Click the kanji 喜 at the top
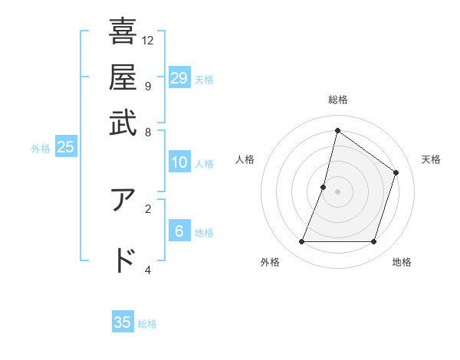[123, 31]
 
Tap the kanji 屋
[123, 77]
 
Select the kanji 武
[123, 122]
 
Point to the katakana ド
[123, 260]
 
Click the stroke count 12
[148, 40]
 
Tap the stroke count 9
[147, 85]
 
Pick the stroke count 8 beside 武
[147, 131]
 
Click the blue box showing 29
[179, 77]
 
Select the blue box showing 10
[179, 162]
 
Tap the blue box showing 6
[179, 231]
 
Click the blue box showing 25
[65, 147]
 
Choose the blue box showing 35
[123, 322]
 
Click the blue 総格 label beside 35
[147, 324]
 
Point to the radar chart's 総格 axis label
[338, 100]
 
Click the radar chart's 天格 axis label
[431, 159]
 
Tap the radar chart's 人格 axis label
[245, 159]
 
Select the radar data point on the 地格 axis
[373, 242]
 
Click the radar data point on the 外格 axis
[302, 242]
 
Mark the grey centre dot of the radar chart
[338, 191]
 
